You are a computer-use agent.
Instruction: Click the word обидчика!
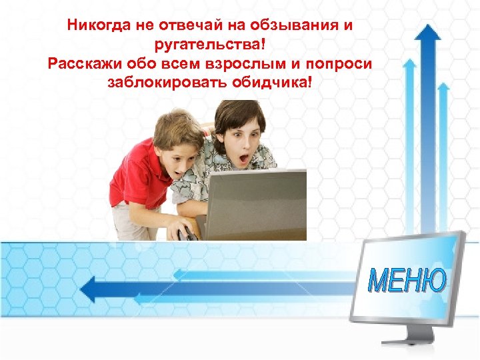pyautogui.click(x=269, y=84)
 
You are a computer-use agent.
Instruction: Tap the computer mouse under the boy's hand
pyautogui.click(x=187, y=233)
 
